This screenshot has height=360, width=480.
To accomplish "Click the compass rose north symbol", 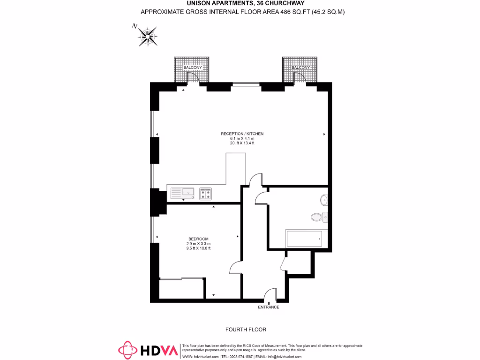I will coord(147,36).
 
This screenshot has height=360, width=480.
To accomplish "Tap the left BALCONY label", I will coord(193,68).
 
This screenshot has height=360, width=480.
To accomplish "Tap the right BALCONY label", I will coord(300,68).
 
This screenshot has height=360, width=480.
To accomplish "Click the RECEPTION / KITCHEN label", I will coord(242,134).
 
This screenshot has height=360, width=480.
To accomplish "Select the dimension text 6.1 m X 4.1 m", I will coord(242,139).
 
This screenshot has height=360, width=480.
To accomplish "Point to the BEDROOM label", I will coord(198,239).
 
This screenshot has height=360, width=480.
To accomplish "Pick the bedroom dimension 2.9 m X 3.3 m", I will coord(198,244).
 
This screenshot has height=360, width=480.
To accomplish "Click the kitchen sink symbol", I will coord(183,193).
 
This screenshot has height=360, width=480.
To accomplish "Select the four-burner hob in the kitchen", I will coord(205,193).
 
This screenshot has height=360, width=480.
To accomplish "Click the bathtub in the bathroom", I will coord(304,239).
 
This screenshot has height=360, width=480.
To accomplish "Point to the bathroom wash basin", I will coord(323,200).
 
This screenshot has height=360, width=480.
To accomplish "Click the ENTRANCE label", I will coord(269,307).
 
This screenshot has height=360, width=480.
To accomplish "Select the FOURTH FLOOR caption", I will coord(246,330).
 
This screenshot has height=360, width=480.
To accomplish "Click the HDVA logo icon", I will coord(127,350).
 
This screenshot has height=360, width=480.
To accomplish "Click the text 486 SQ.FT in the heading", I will coord(291,12).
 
